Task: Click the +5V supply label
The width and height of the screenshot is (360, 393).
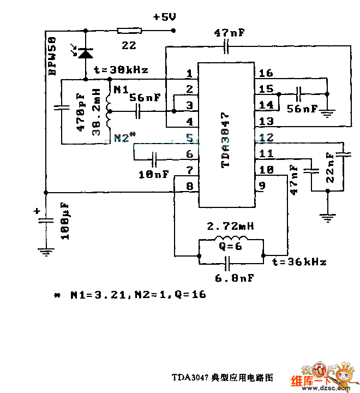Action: point(165,17)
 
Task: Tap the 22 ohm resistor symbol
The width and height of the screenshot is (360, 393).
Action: point(129,30)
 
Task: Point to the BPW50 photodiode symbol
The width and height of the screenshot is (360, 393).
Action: point(85,53)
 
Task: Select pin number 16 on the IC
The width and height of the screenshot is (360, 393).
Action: point(266,73)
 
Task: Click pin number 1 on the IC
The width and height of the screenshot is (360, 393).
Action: point(189,73)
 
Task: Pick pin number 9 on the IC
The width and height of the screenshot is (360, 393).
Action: point(262,186)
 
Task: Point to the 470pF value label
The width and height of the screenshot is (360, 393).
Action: point(81,112)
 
